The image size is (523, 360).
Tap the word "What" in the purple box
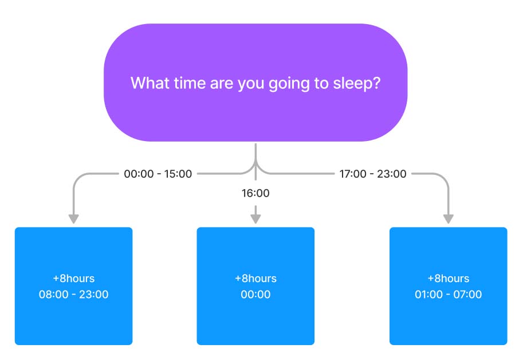pos(150,83)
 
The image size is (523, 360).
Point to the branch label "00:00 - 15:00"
pos(158,174)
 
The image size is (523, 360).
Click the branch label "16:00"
pos(255,193)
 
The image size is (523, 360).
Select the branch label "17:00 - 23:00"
pos(373,174)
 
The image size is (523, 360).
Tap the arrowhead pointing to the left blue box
pos(74,219)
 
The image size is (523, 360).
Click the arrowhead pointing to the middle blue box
pos(255,219)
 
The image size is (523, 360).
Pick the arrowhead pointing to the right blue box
pos(449,219)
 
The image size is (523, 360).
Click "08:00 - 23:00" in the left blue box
pos(74,294)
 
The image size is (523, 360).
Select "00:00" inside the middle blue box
pos(255,294)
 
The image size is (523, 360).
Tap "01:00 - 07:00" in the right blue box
pos(449,294)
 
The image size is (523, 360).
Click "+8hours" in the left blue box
pos(74,278)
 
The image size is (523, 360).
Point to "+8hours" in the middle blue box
pos(255,278)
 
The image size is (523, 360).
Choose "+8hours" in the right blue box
pos(449,278)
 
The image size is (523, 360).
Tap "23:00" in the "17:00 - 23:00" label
pos(392,174)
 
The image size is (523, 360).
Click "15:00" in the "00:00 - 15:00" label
pos(178,174)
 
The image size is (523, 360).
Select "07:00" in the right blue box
pos(467,294)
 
